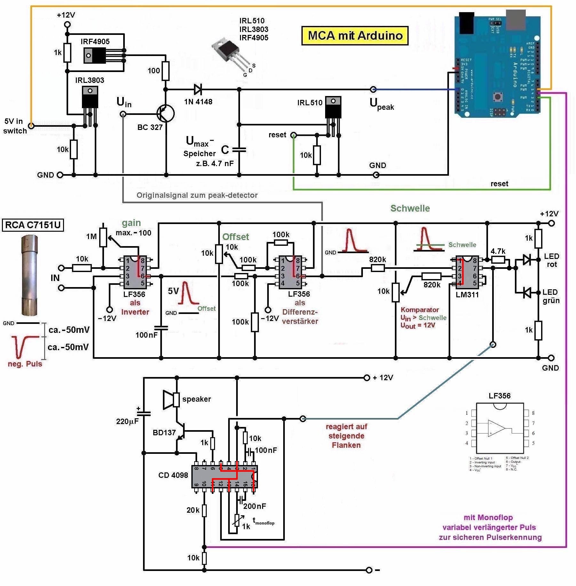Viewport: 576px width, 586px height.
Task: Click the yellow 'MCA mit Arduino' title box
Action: point(355,36)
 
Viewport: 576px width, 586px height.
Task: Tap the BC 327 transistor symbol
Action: point(166,114)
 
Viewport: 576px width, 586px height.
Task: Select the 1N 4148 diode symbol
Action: point(197,90)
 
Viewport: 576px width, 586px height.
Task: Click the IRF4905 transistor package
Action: point(95,55)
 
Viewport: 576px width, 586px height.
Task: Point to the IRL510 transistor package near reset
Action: point(333,108)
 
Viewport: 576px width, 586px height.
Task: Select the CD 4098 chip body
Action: point(224,476)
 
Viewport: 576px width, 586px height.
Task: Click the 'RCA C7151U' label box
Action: point(33,225)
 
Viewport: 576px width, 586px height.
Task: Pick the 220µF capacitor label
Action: point(127,421)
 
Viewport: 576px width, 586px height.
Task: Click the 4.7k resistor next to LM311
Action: point(498,260)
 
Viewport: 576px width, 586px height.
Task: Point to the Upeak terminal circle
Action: point(373,89)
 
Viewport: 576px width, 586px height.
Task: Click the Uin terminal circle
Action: point(123,114)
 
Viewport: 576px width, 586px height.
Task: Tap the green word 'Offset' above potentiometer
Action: point(236,237)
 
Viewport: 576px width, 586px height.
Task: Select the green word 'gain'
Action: point(131,223)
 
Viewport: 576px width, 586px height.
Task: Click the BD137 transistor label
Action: point(164,433)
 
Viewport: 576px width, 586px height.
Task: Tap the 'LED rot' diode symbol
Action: point(527,260)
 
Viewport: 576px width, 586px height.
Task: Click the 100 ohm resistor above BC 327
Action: point(165,71)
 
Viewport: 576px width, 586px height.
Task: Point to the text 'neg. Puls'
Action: point(25,364)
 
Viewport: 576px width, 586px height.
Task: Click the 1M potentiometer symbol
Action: point(103,237)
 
